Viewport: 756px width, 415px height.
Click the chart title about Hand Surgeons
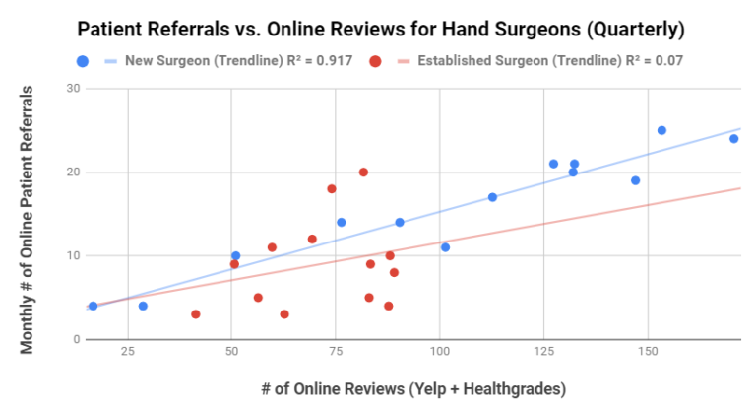point(380,30)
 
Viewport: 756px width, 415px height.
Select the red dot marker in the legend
point(375,61)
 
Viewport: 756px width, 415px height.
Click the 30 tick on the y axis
point(73,89)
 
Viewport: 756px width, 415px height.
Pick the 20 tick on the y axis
point(73,173)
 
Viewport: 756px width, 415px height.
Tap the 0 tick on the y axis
point(77,340)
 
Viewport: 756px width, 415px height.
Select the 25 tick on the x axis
point(127,352)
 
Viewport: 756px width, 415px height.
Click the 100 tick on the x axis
point(439,352)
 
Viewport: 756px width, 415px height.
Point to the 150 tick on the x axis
point(648,352)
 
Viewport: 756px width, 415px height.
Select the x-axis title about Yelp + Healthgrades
point(413,389)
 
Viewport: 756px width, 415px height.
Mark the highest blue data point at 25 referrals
point(661,130)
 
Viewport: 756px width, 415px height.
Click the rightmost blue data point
point(734,139)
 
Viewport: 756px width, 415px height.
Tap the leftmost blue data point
point(93,307)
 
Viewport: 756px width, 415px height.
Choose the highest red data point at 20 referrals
point(363,173)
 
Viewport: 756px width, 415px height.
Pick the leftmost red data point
point(196,314)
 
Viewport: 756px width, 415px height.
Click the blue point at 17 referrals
point(492,197)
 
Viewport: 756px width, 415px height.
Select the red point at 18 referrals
point(332,189)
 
